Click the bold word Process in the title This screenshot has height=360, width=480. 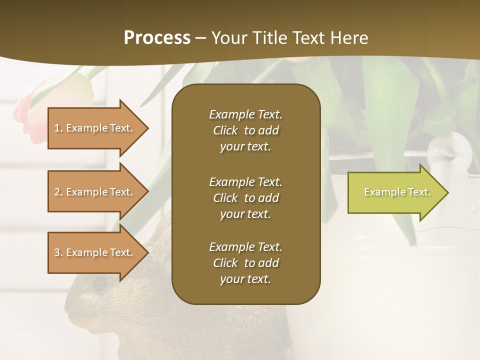click(157, 38)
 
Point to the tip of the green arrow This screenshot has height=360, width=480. click(446, 192)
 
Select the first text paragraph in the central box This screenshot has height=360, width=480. click(245, 130)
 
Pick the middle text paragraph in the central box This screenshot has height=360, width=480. click(245, 198)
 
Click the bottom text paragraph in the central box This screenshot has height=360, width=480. click(245, 263)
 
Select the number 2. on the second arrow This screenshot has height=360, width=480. click(58, 192)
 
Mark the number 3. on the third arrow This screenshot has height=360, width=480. click(58, 252)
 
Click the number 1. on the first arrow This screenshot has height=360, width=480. click(58, 128)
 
